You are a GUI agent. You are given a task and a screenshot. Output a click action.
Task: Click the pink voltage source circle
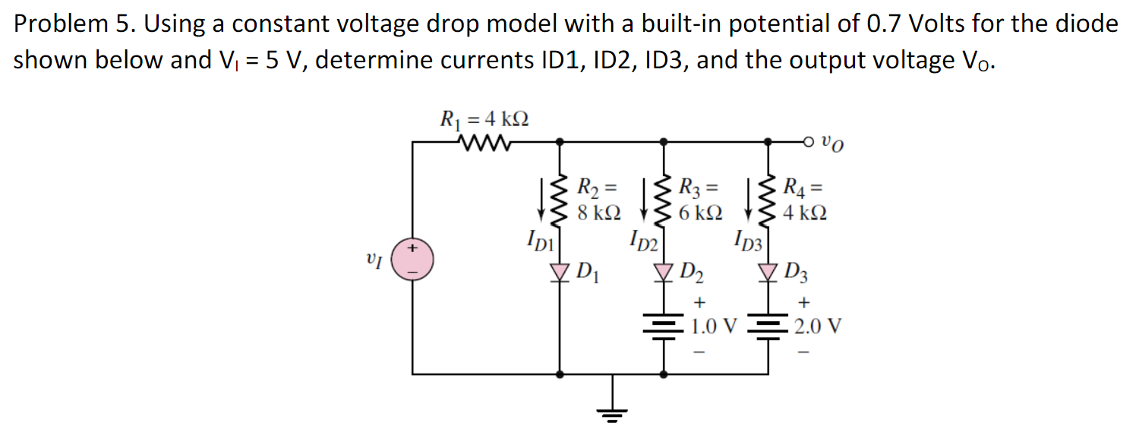click(x=413, y=258)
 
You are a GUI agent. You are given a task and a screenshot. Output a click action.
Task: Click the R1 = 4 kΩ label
click(x=484, y=119)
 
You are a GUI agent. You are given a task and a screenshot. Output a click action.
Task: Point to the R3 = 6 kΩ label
click(x=699, y=198)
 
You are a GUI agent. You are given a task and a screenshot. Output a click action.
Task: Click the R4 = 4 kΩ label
click(x=804, y=198)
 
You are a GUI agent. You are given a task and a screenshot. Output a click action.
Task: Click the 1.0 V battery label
click(x=714, y=327)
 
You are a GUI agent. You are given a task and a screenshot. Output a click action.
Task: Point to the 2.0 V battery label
click(x=818, y=327)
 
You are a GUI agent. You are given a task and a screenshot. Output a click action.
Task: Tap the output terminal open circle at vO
click(x=809, y=141)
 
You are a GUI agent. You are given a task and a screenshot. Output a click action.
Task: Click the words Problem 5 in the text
click(x=72, y=24)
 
